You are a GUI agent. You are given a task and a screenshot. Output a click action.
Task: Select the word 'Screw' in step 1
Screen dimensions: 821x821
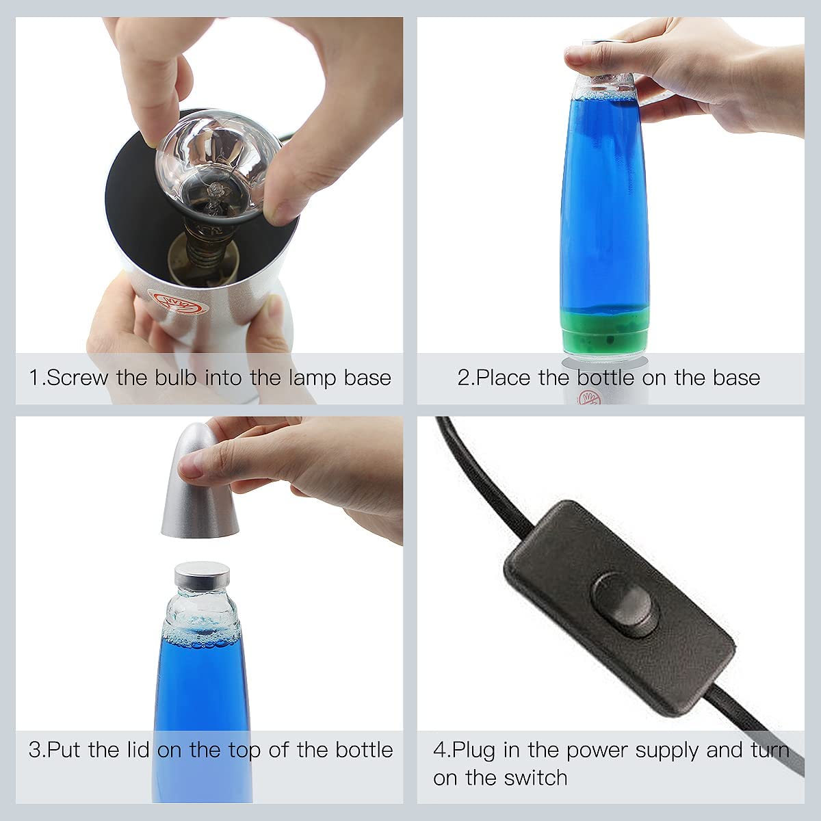click(77, 378)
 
